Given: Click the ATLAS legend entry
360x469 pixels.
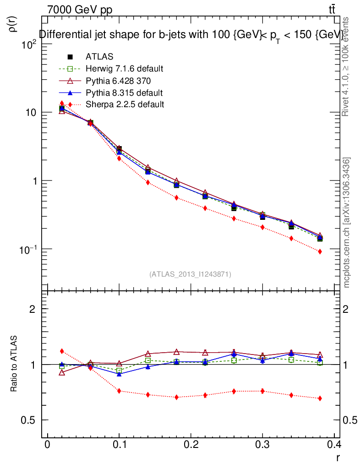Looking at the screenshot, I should pos(99,57).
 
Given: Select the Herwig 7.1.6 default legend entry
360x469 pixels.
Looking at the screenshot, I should pos(124,69).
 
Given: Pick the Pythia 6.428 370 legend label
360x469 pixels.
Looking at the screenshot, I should pos(118,81).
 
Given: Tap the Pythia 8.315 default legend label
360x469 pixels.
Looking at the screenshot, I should pos(124,93).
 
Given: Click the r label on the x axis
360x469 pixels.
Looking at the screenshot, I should pos(338,457).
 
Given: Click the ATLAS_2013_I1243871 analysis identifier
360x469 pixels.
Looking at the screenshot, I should pos(190,274).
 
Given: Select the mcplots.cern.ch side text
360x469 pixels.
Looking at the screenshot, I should pos(347,222).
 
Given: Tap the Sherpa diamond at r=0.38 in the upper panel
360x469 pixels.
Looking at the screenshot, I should pos(320,251).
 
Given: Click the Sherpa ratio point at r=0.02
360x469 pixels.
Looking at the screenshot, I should pos(62,351).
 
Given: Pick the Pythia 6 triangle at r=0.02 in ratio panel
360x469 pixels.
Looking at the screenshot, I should pos(62,373).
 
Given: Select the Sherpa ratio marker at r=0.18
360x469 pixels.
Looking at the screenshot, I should pos(176,397).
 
